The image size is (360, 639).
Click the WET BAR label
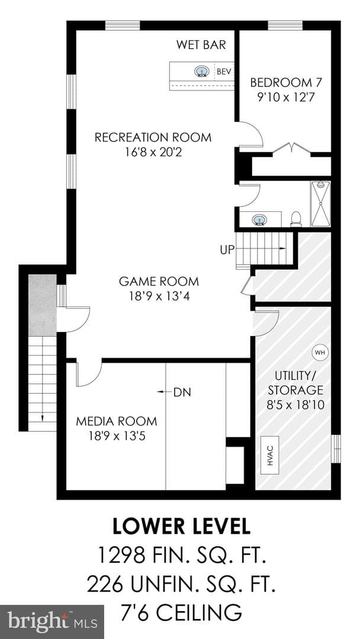(x=201, y=44)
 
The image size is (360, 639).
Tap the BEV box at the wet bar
(x=224, y=72)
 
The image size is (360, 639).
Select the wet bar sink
(x=201, y=72)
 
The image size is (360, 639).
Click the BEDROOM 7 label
(x=286, y=83)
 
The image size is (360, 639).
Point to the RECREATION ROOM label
(x=153, y=137)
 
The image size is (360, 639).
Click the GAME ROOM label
(x=159, y=281)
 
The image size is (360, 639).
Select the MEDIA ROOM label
(x=117, y=421)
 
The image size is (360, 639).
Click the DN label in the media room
(x=182, y=392)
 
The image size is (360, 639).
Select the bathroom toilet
(x=296, y=220)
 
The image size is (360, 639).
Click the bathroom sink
(x=258, y=220)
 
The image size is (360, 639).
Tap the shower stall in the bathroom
(x=320, y=204)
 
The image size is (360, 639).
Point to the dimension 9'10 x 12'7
(x=286, y=98)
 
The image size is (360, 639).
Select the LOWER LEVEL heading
(x=181, y=527)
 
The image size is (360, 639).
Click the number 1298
(x=120, y=555)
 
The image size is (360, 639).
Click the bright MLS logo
(x=52, y=622)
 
